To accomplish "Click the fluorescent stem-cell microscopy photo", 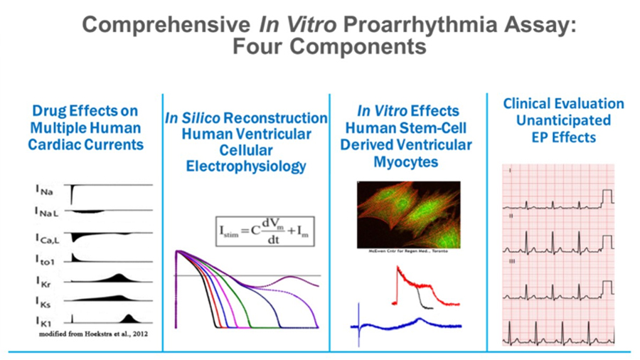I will click(x=407, y=213).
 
